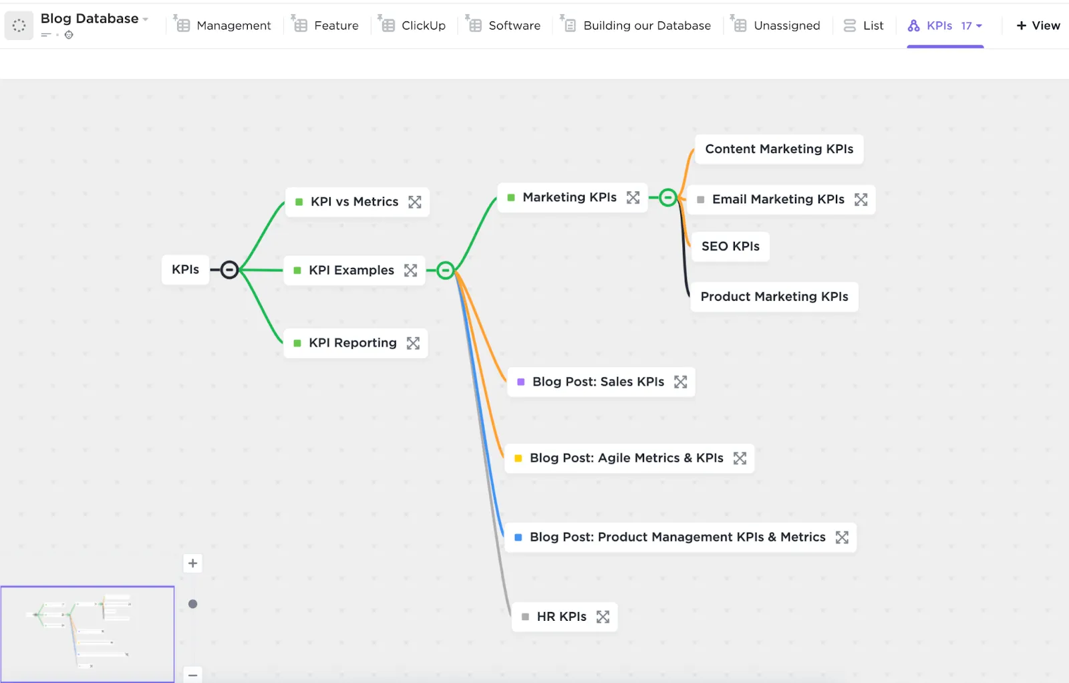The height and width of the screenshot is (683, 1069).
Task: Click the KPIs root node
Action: click(185, 270)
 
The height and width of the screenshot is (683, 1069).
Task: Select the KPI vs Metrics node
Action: click(357, 202)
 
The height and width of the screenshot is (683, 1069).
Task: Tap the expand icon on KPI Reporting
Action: click(413, 343)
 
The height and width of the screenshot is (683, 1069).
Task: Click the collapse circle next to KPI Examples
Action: click(445, 270)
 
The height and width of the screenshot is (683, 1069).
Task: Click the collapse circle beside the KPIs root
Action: click(229, 270)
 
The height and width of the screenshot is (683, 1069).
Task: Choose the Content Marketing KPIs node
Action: click(779, 149)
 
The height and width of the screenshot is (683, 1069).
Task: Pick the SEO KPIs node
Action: click(730, 247)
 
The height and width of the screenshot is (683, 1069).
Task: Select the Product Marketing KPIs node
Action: click(774, 297)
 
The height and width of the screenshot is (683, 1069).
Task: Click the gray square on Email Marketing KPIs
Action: click(701, 200)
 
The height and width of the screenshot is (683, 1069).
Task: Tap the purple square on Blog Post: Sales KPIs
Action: click(520, 382)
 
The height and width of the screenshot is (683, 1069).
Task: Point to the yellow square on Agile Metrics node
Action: click(518, 458)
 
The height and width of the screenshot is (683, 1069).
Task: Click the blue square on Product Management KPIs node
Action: click(518, 537)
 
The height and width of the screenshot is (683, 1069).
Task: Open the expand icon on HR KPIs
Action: click(603, 617)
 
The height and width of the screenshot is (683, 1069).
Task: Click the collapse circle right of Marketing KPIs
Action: click(667, 197)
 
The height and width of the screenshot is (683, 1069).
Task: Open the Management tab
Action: click(223, 25)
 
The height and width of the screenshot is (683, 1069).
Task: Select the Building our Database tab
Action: click(636, 25)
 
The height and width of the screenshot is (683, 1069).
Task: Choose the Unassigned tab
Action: click(776, 25)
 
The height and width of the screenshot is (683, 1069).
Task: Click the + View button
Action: click(1038, 25)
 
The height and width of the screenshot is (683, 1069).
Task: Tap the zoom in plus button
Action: click(193, 563)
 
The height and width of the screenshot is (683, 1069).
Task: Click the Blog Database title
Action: click(90, 19)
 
